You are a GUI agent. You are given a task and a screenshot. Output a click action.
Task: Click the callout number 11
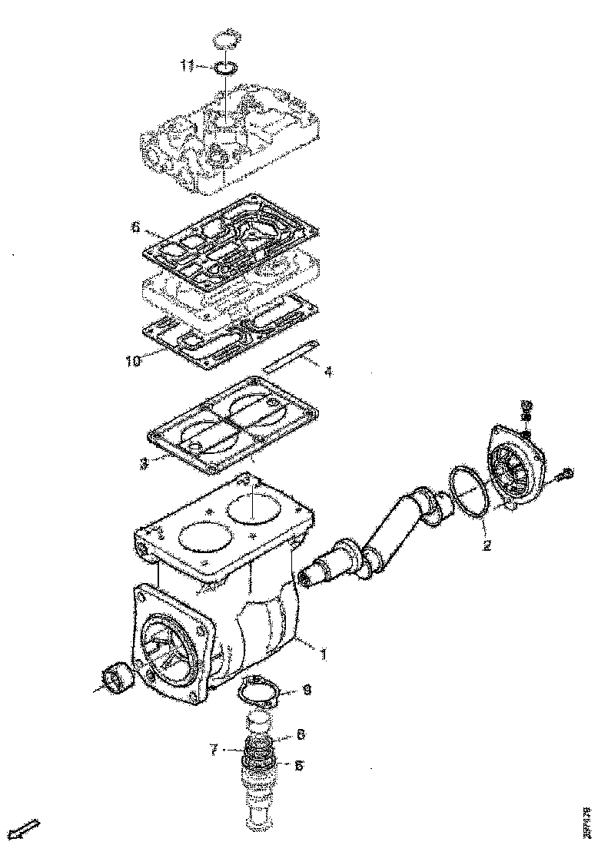coord(188,66)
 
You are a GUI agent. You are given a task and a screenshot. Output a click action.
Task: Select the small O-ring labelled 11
coord(225,68)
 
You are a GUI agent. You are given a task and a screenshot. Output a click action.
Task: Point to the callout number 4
coord(328,373)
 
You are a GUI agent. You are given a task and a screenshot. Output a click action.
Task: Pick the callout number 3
coord(144,465)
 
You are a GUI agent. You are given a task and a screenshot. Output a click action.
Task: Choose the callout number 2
coord(487,546)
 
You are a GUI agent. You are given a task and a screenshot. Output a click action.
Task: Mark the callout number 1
coord(324,654)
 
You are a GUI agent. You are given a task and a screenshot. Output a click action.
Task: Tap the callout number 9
coord(306,691)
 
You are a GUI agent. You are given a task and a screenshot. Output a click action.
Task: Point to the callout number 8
coord(300,734)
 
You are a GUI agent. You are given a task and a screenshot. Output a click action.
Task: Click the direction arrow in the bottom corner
coord(28,829)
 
